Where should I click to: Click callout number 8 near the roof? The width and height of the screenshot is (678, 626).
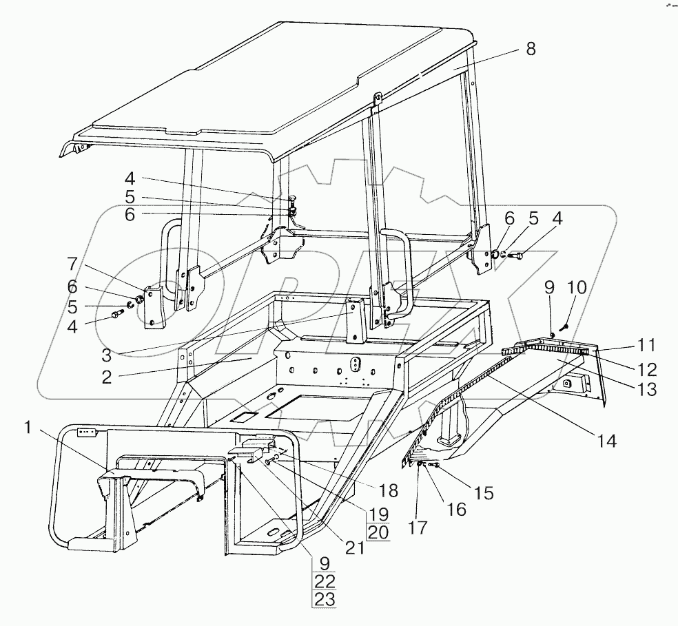pyautogui.click(x=529, y=49)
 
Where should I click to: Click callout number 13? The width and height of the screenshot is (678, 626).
pyautogui.click(x=646, y=389)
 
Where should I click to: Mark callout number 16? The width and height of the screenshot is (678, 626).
pyautogui.click(x=456, y=510)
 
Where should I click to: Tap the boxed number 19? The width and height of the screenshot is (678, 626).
pyautogui.click(x=378, y=514)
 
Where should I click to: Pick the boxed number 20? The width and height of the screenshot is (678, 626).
pyautogui.click(x=378, y=532)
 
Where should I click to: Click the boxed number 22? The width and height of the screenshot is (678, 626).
pyautogui.click(x=324, y=581)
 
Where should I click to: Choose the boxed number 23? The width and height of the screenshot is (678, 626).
pyautogui.click(x=324, y=599)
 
